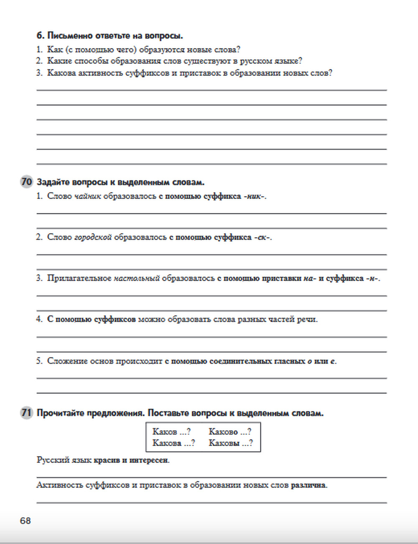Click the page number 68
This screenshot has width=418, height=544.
[x=25, y=521]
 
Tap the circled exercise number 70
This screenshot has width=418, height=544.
[x=26, y=182]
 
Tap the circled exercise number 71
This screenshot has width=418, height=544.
[x=26, y=413]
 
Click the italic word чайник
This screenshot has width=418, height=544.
[x=88, y=196]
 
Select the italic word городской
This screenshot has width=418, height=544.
[x=93, y=237]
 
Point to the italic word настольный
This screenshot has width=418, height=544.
[x=137, y=278]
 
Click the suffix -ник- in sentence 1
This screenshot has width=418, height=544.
[x=255, y=196]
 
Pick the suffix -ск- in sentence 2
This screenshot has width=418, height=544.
[x=263, y=237]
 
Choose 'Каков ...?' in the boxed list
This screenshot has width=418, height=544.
[x=171, y=431]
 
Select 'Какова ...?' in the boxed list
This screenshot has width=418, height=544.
[x=173, y=443]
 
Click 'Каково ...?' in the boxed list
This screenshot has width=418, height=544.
[x=230, y=431]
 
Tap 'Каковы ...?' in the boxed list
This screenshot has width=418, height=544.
[x=231, y=443]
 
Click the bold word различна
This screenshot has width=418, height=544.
[x=309, y=485]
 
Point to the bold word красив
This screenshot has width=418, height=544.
[x=107, y=460]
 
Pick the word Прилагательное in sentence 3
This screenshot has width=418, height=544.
[x=79, y=278]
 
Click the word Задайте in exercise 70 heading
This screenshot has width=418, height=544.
[x=53, y=182]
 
